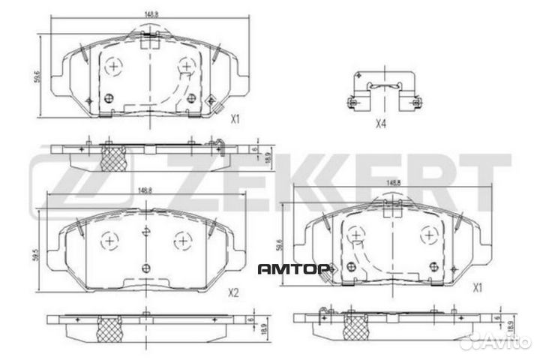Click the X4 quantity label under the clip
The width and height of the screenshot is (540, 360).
(380, 124)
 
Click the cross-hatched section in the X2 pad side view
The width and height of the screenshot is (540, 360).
(111, 326)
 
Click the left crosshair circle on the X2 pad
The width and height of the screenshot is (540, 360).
(110, 241)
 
